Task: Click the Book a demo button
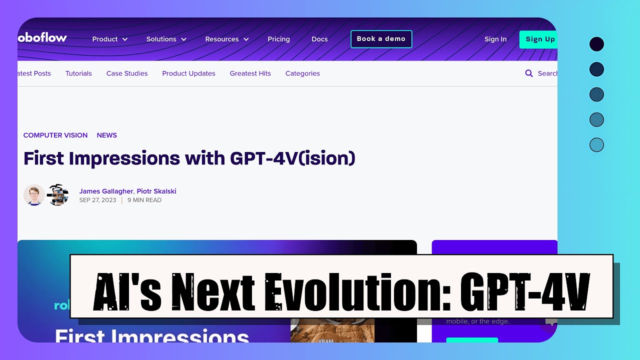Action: point(381,39)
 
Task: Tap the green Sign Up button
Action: point(538,39)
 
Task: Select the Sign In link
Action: point(495,39)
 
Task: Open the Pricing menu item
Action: point(278,39)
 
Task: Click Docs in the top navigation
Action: point(319,39)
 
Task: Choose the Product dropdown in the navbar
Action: point(109,39)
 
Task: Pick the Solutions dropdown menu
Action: point(166,39)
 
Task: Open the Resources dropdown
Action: point(226,39)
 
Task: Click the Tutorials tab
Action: point(78,73)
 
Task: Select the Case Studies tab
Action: point(127,73)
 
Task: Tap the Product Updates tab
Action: point(188,73)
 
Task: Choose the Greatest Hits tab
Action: point(250,73)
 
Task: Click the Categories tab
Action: point(302,73)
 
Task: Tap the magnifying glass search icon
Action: point(529,73)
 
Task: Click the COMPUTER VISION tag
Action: point(55,135)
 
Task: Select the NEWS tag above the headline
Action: point(106,135)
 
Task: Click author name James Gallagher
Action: point(106,191)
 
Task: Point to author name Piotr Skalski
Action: point(156,191)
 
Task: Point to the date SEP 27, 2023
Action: point(97,200)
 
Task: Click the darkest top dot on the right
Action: point(596,44)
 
